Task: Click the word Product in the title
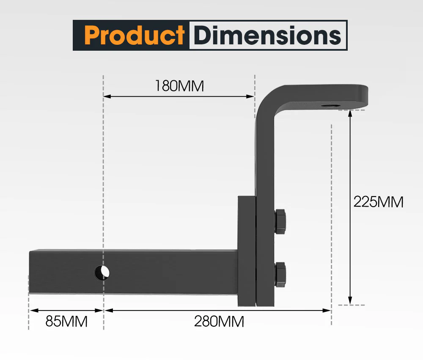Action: [134, 35]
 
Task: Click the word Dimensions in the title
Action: [267, 35]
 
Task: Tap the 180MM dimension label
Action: [179, 86]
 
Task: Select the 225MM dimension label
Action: [378, 202]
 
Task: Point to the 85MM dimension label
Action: [66, 322]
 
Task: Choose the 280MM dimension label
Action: [219, 322]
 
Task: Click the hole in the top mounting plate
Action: [330, 106]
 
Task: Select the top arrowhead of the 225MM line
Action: [350, 113]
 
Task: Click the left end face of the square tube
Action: [30, 273]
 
